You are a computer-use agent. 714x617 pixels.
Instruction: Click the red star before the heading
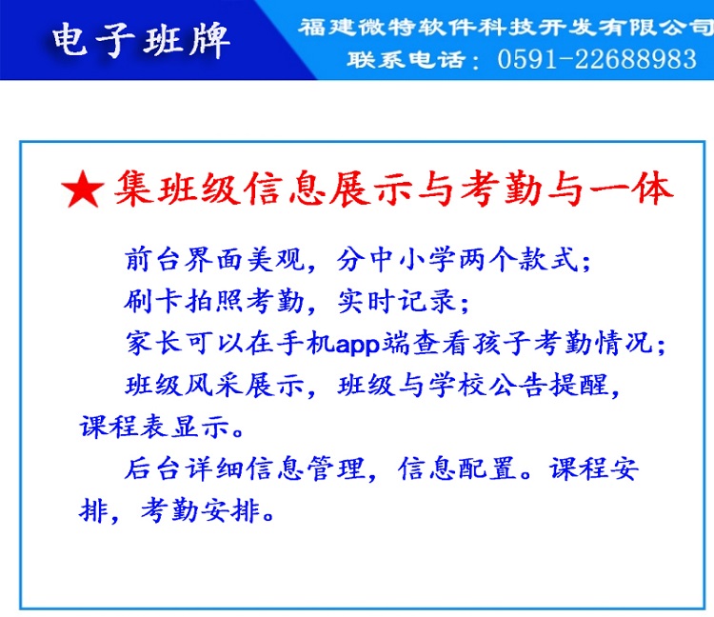coord(83,189)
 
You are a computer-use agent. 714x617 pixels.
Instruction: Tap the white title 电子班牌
coord(140,40)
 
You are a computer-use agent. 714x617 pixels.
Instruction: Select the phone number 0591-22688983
coord(597,60)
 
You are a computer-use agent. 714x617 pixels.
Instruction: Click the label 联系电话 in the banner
coord(407,60)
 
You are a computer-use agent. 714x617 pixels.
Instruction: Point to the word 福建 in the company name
coord(327,27)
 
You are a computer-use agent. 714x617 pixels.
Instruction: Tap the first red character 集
coord(132,189)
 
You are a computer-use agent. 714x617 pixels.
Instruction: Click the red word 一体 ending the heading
coord(631,189)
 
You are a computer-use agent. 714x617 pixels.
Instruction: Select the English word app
coord(358,345)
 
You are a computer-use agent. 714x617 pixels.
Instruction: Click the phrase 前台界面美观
coord(214,260)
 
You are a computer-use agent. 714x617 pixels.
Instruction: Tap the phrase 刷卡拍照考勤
coord(214,302)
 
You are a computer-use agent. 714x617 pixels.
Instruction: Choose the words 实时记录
coord(397,302)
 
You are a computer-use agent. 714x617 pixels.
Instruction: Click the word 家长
coord(154,343)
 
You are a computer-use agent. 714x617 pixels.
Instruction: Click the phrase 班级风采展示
coord(214,386)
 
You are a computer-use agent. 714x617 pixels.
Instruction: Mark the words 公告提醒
coord(549,386)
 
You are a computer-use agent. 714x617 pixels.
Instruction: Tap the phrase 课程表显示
coord(154,428)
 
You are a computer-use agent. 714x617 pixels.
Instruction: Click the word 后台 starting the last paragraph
coord(152,468)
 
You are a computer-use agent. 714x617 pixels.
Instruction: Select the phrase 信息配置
coord(458,468)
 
